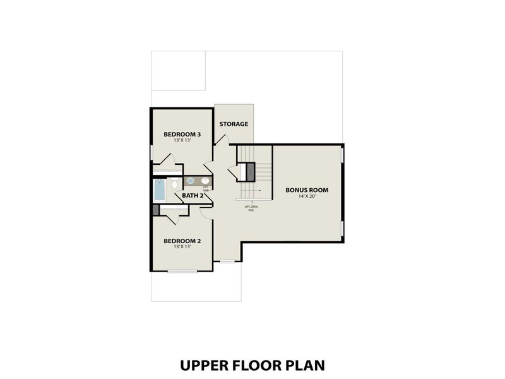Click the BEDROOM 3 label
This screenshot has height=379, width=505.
pos(182,134)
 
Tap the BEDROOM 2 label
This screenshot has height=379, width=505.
pos(182,241)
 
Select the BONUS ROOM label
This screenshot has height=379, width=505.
pos(307,189)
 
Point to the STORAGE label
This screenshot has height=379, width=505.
pos(234,124)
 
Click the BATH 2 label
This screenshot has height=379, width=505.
pos(192,195)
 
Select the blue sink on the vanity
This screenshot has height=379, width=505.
pos(191,181)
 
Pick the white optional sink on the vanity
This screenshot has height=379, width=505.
pos(205,181)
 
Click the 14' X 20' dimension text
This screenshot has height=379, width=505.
pos(307,196)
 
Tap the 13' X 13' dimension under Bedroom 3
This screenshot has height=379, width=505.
pos(182,140)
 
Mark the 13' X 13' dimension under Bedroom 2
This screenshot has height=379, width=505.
pos(182,247)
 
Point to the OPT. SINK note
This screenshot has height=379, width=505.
pos(206,188)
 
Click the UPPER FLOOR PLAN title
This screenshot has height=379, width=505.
pos(252,365)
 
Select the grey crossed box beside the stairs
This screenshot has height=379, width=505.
pos(249,172)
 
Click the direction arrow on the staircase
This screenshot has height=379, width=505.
pos(251,200)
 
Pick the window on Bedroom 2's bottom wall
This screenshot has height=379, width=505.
pos(182,271)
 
